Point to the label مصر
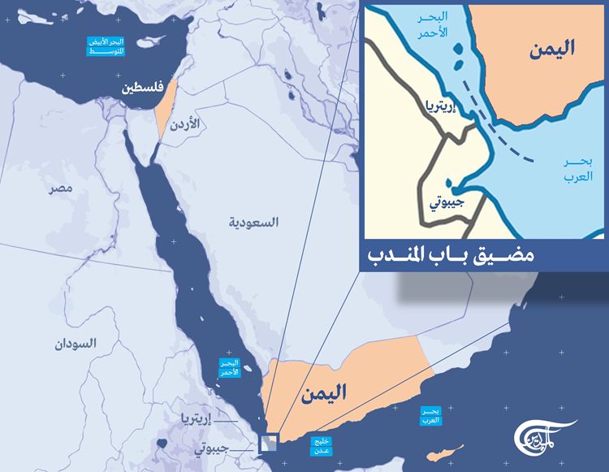coord(59,188)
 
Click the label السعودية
coord(253,222)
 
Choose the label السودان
coord(76,344)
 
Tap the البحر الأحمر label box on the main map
coord(229,368)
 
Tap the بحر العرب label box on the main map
coord(430,416)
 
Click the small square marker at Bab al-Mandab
coord(268,444)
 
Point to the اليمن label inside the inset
coord(550,49)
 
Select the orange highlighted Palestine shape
coord(162,114)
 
